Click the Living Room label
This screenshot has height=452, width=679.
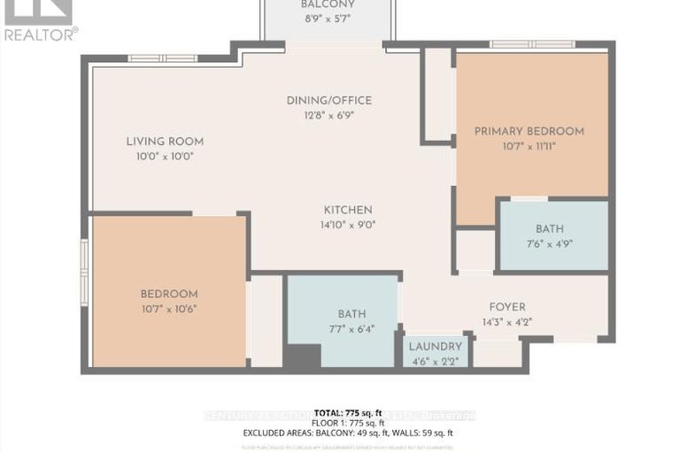coord(165,141)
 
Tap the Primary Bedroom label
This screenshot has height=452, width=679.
coord(529,131)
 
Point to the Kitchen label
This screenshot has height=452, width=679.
coord(347,210)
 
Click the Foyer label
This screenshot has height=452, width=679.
coord(506,308)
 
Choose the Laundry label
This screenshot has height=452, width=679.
coord(435,346)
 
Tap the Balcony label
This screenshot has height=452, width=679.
coord(327,4)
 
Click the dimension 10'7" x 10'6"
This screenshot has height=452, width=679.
coord(168,309)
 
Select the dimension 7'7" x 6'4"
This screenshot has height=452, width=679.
coord(351,328)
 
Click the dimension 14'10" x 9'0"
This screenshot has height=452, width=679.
coord(347,225)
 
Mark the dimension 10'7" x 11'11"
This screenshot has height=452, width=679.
coord(529,146)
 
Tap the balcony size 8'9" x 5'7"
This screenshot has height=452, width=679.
coord(327,19)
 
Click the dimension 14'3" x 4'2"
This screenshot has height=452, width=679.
coord(506,322)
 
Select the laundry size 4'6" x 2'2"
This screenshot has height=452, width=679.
coord(435,360)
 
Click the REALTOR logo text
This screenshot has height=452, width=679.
coord(40,34)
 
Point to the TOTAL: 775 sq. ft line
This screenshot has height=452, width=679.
coord(347,412)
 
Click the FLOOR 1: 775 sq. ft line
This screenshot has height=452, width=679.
coord(347,423)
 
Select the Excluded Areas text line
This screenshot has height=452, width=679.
coord(347,433)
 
